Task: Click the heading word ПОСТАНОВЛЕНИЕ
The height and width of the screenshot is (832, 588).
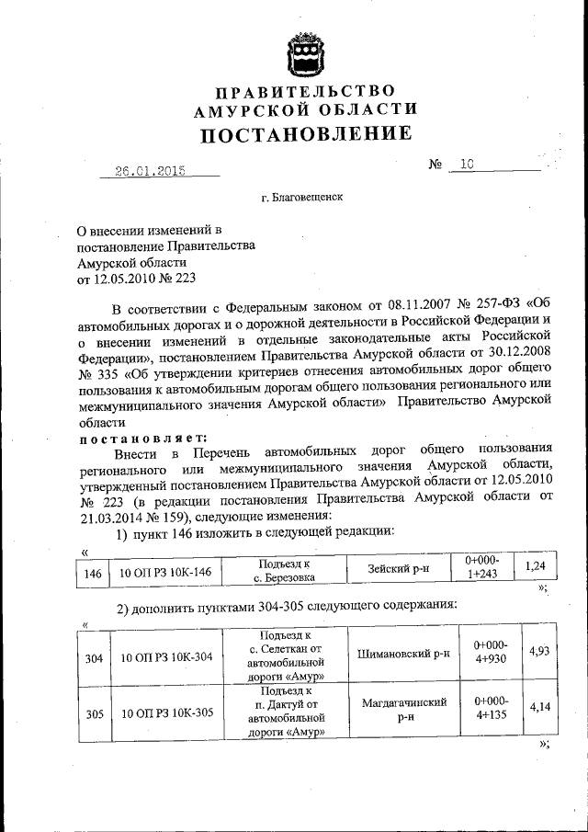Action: (306, 134)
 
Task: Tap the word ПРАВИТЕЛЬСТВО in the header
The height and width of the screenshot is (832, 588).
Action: (306, 90)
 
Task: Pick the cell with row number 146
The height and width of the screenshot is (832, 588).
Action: (91, 572)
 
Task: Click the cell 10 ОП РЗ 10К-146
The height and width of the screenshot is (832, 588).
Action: (165, 572)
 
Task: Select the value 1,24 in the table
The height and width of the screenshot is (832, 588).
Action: (536, 567)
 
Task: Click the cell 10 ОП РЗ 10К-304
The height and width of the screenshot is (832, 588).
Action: (165, 657)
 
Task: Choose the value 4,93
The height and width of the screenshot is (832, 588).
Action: (538, 651)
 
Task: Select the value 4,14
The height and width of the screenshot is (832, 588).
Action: (538, 707)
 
